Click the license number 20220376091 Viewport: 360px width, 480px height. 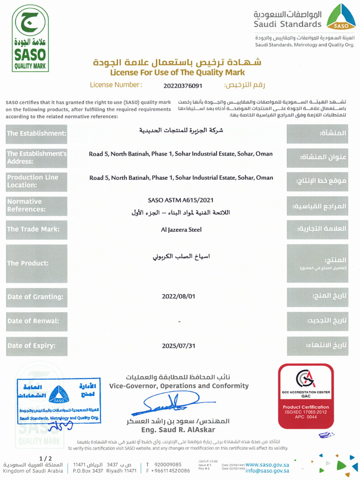[x=183, y=85]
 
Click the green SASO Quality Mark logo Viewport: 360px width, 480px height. [x=30, y=38]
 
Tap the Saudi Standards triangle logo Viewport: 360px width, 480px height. [x=341, y=17]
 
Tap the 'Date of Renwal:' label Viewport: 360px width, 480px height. [x=34, y=321]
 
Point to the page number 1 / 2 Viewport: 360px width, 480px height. [x=45, y=458]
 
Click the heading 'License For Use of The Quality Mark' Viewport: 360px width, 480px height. [x=177, y=73]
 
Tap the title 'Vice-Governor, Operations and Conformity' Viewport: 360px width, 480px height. [x=179, y=386]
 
